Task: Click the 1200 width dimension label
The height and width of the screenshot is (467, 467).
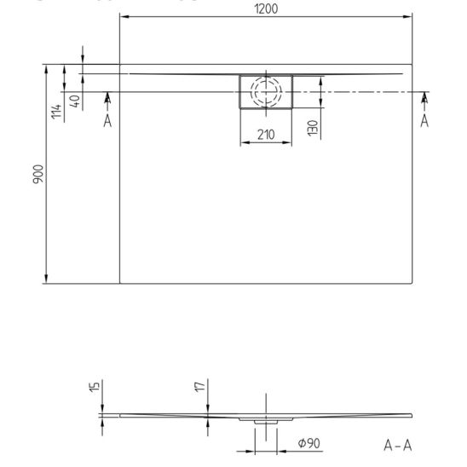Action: point(266,9)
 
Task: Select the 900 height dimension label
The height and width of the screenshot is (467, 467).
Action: point(38,174)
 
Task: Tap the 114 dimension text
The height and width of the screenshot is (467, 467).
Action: point(56,112)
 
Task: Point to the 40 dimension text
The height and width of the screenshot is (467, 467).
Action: point(75,101)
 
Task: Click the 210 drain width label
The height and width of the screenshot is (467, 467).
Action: point(266,135)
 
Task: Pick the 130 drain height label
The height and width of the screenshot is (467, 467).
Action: point(313,128)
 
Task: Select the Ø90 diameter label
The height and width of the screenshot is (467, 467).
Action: point(308,443)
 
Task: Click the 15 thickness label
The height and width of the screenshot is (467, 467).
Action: point(94,387)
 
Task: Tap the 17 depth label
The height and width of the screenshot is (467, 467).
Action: point(200,387)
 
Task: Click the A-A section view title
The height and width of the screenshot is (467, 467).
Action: point(398,446)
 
